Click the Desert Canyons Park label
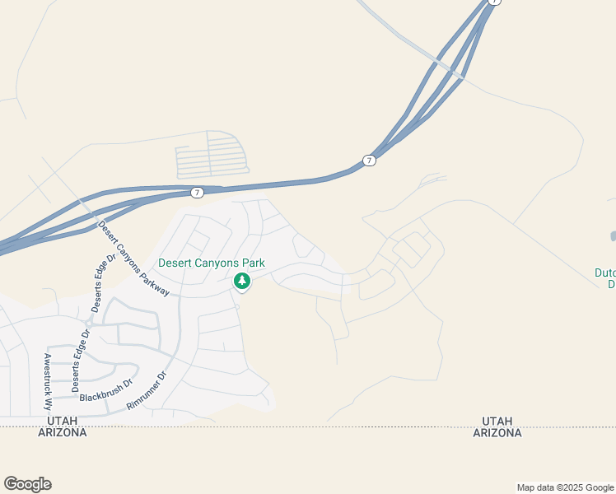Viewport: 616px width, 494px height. (x=212, y=263)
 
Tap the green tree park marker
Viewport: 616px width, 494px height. (x=242, y=282)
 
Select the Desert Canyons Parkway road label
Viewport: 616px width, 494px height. (x=133, y=259)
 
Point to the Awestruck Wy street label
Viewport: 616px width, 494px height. (x=48, y=382)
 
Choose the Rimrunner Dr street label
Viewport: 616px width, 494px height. (x=147, y=391)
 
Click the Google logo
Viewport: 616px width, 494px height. (x=27, y=484)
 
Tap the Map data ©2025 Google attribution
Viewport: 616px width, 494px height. (x=565, y=487)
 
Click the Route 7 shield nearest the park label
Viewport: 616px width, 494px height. (x=197, y=192)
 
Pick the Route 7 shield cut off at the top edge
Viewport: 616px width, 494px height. (x=493, y=2)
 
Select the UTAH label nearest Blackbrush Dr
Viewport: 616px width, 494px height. (x=62, y=421)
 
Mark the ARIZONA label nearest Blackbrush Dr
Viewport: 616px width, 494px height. (x=62, y=432)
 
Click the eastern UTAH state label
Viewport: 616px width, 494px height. (x=497, y=421)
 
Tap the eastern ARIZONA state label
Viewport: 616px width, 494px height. (x=497, y=432)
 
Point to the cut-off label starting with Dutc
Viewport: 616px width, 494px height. (x=605, y=278)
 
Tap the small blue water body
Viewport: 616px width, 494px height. (x=613, y=237)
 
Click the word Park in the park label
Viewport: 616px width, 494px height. (x=254, y=263)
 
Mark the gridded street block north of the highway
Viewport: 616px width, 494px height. (x=212, y=156)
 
